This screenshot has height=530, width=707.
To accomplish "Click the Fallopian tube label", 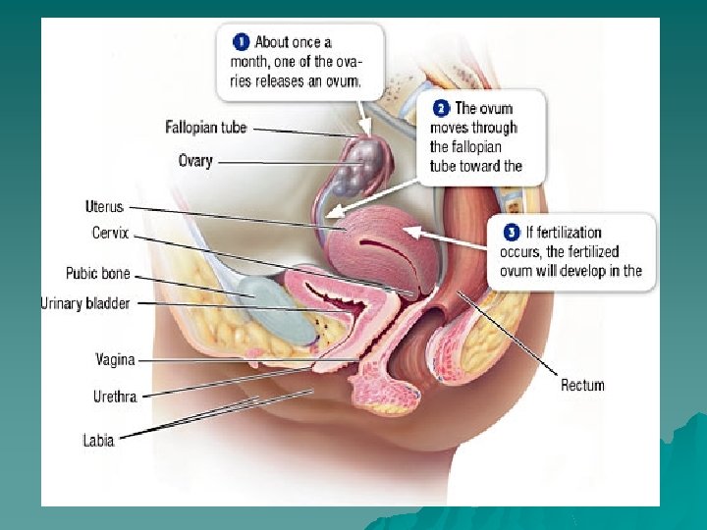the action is click(205, 128).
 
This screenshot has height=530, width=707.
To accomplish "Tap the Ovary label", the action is click(194, 160).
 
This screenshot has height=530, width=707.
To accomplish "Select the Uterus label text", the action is click(104, 207).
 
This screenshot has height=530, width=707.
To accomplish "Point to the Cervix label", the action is click(110, 233).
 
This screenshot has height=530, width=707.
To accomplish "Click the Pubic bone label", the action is click(97, 274).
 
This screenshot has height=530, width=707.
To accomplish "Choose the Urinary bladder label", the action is click(84, 303).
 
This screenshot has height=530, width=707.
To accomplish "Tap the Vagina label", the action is click(115, 360).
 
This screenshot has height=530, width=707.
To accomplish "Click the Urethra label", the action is click(115, 397).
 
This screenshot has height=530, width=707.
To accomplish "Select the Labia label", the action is click(98, 440).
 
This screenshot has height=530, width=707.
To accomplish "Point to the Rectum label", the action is click(582, 385).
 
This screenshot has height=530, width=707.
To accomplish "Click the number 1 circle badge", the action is click(241, 42).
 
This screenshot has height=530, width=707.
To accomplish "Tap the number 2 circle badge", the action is click(441, 109).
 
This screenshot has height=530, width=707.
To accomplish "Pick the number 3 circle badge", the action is click(512, 233).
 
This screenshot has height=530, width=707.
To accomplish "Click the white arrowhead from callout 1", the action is click(364, 129).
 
